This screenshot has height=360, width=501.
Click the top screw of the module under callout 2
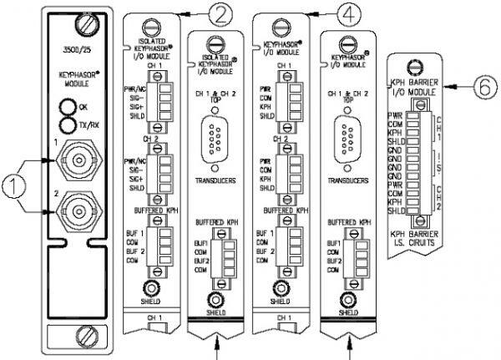pyautogui.click(x=152, y=27)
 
